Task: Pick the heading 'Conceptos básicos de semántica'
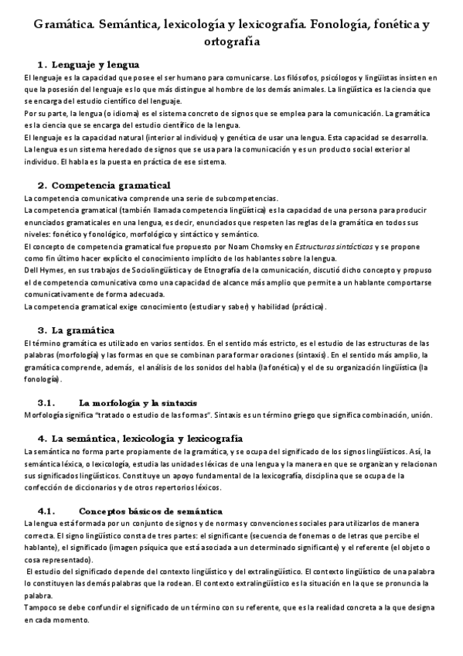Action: (151, 511)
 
